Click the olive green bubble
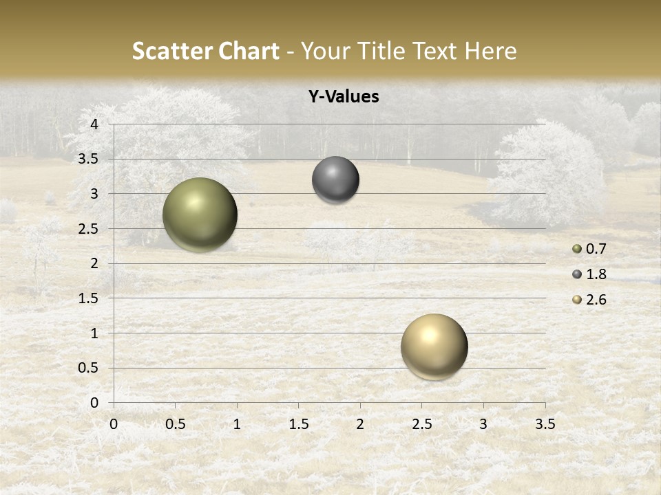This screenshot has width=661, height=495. pos(200,214)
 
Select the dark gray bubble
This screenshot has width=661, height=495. pos(335,180)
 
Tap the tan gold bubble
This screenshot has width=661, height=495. pos(434,346)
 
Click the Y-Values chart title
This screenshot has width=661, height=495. pos(343,97)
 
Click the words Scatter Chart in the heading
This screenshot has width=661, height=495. pos(205,51)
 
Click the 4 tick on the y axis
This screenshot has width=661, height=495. pos(94,124)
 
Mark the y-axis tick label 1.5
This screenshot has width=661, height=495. pos(90,298)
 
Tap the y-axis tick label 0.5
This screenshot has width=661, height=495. pos(90,368)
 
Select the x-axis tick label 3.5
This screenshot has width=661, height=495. pos(545,424)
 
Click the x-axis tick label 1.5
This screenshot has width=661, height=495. pos(298,424)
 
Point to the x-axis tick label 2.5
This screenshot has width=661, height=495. pos(421,424)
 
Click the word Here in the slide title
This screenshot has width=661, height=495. pos(490,51)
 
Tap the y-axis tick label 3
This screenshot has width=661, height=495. pos(94,194)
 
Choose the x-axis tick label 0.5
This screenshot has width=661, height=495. pos(175,424)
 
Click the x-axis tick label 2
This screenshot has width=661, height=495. pos(360,424)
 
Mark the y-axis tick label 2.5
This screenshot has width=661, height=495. pos(90,229)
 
